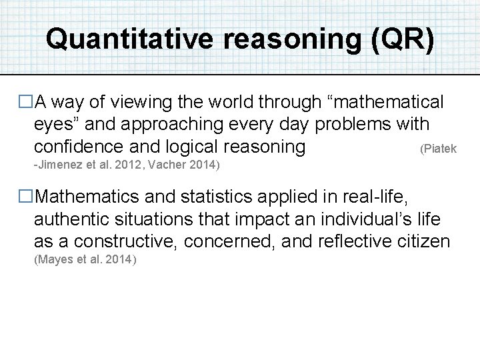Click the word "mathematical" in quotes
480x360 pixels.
pyautogui.click(x=384, y=103)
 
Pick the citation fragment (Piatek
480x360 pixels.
pyautogui.click(x=438, y=149)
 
